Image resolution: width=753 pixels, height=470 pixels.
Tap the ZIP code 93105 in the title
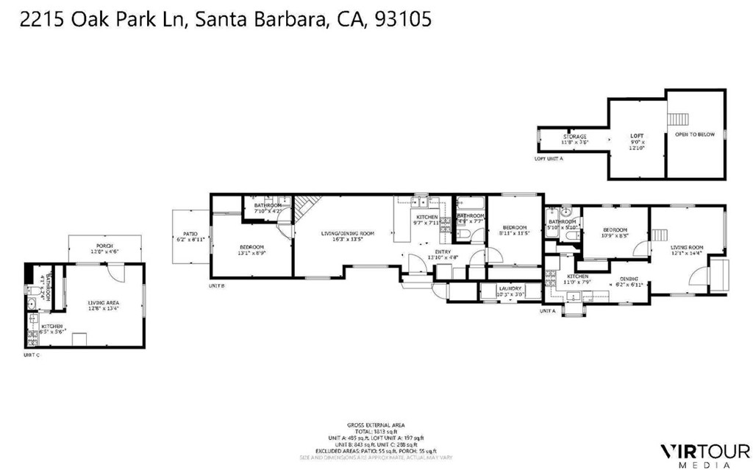click(402, 20)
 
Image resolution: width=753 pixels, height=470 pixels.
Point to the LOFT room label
click(637, 136)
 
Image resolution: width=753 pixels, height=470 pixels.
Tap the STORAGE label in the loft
click(575, 137)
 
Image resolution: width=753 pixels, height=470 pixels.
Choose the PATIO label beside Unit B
click(190, 234)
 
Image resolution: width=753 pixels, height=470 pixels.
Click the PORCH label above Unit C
click(104, 246)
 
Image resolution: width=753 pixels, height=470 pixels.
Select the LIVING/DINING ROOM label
click(347, 234)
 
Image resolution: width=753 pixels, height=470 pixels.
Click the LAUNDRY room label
click(510, 288)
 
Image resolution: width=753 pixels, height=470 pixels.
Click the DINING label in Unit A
click(629, 279)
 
